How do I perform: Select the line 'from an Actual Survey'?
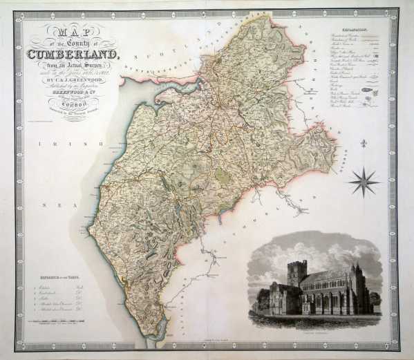72,66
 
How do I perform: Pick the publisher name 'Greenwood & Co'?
72,95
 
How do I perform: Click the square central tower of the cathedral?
297,272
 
